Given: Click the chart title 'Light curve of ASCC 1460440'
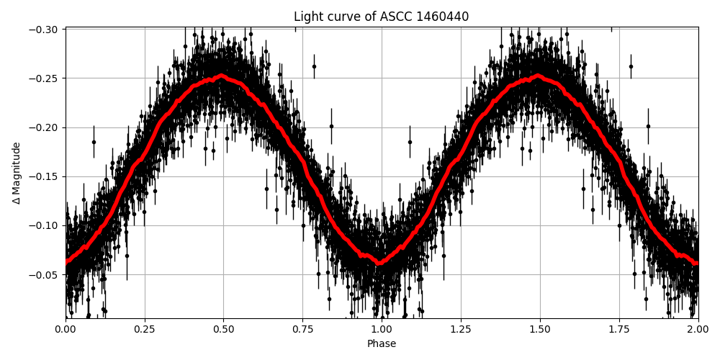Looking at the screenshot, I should click(x=381, y=17).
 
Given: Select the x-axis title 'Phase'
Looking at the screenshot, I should click(x=381, y=344).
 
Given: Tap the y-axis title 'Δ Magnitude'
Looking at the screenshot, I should click(x=17, y=173).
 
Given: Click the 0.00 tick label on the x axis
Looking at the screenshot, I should click(x=66, y=329).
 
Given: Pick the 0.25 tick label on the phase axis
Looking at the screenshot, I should click(x=145, y=329).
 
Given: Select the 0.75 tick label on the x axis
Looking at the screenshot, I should click(x=302, y=329).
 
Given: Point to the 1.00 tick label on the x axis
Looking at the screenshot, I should click(x=382, y=329).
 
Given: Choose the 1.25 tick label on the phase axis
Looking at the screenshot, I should click(x=461, y=329).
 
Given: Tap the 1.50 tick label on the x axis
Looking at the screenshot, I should click(x=539, y=329).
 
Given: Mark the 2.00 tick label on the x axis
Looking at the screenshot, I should click(x=698, y=329).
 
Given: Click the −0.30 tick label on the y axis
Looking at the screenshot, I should click(x=45, y=30).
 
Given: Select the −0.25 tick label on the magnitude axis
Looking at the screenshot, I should click(x=45, y=78).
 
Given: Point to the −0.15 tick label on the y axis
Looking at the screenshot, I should click(x=45, y=176).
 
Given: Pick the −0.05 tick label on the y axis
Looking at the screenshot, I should click(x=45, y=274).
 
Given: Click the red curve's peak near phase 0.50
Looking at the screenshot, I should click(x=222, y=75).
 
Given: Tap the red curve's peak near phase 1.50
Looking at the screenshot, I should click(x=539, y=75).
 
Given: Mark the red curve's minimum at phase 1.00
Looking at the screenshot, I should click(x=380, y=263).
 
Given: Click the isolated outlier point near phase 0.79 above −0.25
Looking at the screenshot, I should click(x=314, y=66).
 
